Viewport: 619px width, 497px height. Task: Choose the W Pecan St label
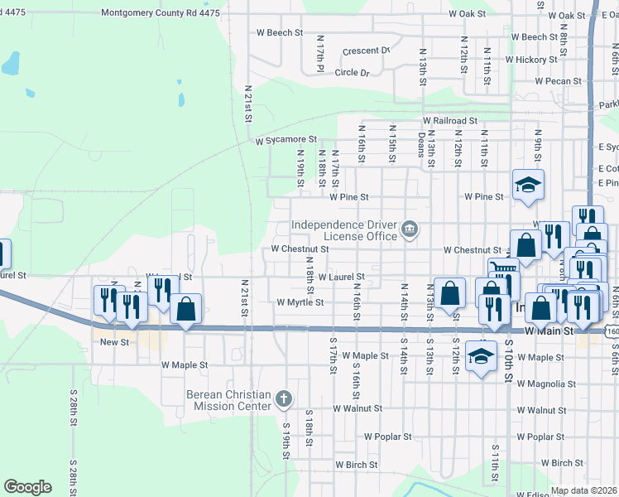[560, 82]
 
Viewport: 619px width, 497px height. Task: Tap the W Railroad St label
[450, 120]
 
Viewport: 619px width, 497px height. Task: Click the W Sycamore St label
[286, 141]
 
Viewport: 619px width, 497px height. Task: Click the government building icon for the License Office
[409, 229]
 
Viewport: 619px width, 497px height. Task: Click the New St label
[114, 342]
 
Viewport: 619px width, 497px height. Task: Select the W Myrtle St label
[300, 303]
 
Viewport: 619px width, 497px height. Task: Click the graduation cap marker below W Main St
[480, 356]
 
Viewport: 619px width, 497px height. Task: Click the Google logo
[27, 487]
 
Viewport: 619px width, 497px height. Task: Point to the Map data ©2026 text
[583, 490]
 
